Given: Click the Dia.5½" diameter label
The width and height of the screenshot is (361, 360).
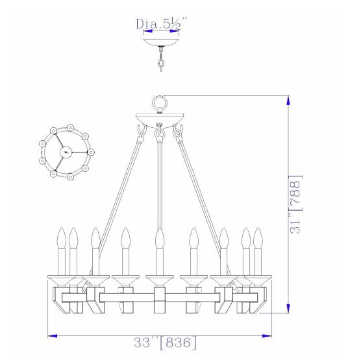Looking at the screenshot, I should [x=160, y=25].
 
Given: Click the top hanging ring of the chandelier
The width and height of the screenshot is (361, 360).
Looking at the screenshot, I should [x=159, y=103].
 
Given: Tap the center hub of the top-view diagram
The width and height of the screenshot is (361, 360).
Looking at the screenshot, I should [x=65, y=151].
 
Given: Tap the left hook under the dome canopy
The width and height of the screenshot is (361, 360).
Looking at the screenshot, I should [x=140, y=133].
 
